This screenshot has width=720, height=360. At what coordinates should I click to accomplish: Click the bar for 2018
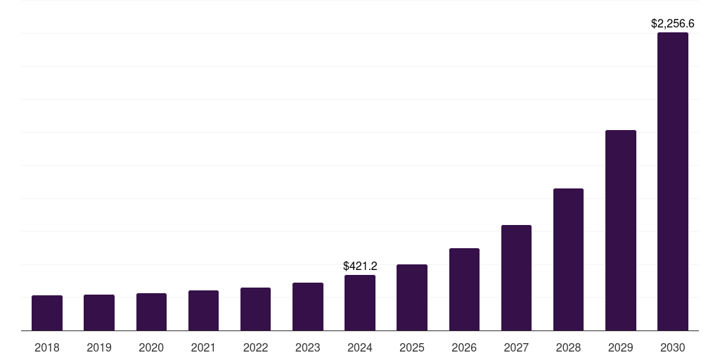47,313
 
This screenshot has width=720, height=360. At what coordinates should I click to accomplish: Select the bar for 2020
151,312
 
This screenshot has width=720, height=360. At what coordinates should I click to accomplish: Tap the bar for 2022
255,309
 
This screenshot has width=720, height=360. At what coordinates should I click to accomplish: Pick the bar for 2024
360,303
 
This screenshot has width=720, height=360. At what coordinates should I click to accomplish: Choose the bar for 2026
464,290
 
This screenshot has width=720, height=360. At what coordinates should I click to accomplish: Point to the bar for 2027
516,278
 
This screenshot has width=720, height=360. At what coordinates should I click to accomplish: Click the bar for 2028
568,259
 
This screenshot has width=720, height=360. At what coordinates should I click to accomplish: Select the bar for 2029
620,231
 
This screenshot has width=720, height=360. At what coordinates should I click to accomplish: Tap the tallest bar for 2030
672,181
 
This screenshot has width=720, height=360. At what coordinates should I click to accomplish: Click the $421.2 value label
360,266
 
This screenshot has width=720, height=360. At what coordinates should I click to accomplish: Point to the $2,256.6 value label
672,23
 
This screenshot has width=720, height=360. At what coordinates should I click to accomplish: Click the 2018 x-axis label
47,347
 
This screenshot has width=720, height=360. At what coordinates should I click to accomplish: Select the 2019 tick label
99,347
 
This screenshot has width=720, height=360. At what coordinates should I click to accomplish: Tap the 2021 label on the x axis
203,347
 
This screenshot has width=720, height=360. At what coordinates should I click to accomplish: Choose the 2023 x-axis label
307,347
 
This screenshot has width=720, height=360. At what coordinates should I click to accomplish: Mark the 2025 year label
412,347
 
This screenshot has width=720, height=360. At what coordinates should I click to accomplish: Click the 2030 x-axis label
672,347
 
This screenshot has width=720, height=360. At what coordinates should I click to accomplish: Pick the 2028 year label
568,347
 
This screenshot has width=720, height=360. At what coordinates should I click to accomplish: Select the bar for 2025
412,297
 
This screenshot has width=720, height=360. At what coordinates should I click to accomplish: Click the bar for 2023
307,307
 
